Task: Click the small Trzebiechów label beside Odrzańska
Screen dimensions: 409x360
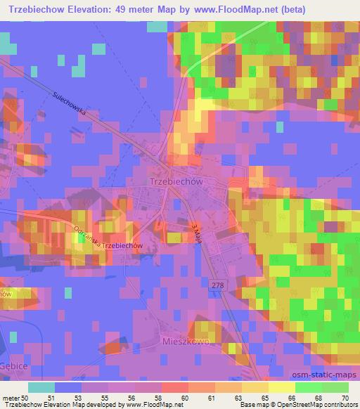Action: click(x=123, y=246)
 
